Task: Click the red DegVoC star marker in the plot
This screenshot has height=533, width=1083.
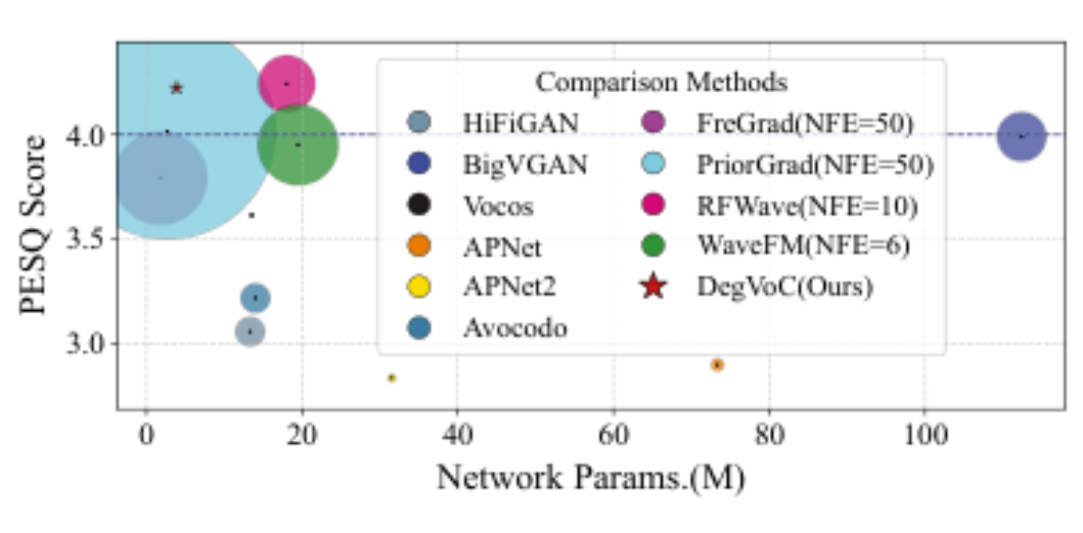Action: (x=177, y=88)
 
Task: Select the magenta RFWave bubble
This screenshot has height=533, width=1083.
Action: (x=287, y=84)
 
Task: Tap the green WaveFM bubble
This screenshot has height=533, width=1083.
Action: (x=298, y=144)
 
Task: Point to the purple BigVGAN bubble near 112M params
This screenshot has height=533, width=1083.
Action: (x=1021, y=137)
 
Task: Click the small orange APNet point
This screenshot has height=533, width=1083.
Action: (x=717, y=365)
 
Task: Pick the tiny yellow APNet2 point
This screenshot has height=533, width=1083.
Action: (x=392, y=378)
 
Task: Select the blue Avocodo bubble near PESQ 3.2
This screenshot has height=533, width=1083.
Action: (x=255, y=299)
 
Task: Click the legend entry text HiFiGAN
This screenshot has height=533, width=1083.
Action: (x=521, y=124)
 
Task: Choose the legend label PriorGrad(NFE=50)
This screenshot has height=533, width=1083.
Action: (x=815, y=165)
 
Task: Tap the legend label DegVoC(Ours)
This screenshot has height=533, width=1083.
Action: (x=784, y=287)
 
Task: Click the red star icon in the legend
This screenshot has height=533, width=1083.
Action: (x=653, y=286)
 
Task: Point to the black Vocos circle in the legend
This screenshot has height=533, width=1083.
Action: (x=419, y=205)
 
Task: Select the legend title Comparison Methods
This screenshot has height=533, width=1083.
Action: (x=662, y=82)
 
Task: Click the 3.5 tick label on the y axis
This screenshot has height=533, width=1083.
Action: (x=85, y=239)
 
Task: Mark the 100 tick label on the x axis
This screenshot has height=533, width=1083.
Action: (x=925, y=436)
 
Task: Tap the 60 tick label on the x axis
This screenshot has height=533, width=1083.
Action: (x=614, y=436)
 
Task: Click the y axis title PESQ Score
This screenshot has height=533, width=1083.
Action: (x=33, y=225)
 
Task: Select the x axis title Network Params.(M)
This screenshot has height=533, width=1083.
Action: (x=591, y=478)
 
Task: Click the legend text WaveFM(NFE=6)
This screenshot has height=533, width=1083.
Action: (x=803, y=245)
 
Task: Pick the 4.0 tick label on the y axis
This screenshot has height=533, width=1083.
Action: (x=85, y=137)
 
